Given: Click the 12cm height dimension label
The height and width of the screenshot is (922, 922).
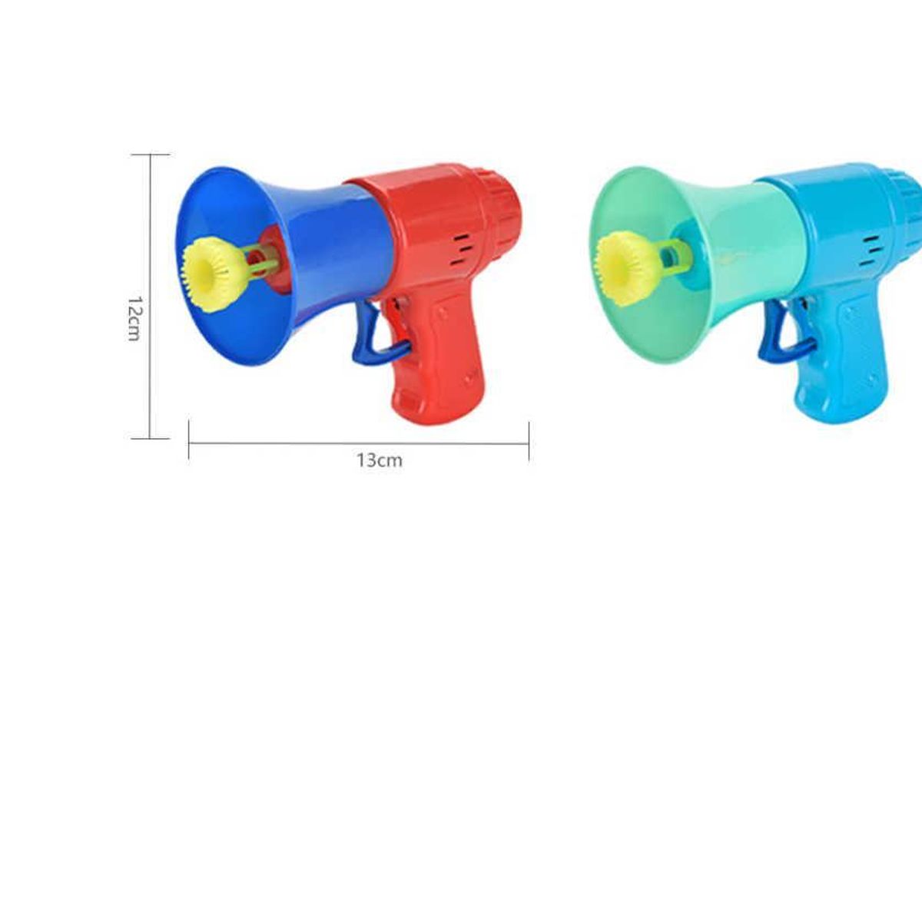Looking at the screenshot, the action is point(134,318).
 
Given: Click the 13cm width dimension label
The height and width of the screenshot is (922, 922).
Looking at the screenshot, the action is point(380,460).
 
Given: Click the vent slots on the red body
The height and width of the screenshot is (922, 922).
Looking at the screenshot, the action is point(461,250).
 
